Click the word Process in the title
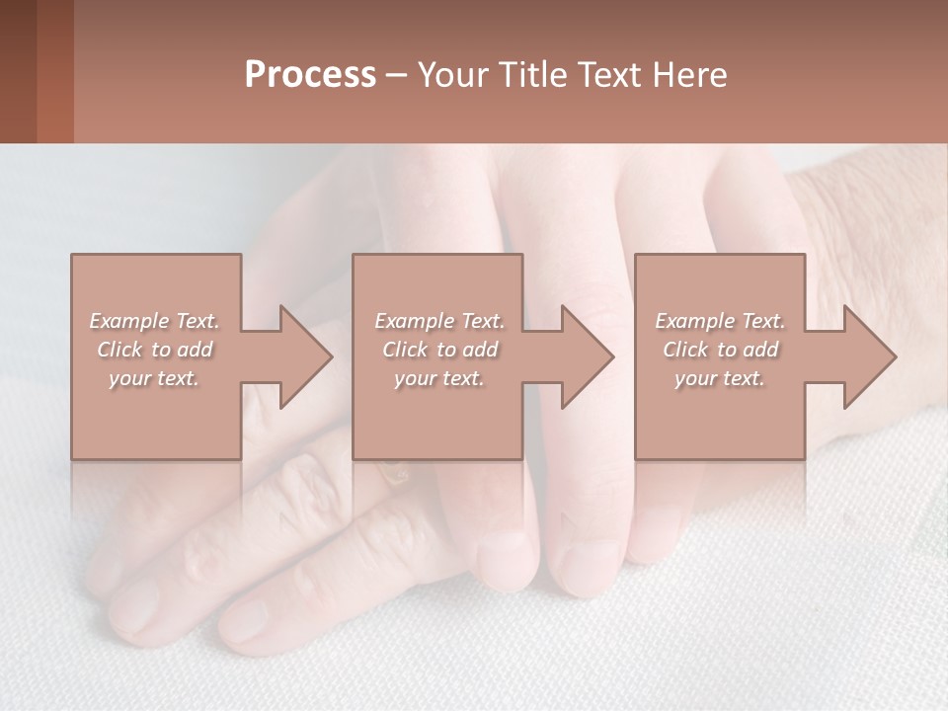(310, 75)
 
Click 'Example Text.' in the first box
(155, 321)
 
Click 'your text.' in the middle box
(438, 378)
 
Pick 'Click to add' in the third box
(720, 350)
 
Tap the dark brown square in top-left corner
(18, 71)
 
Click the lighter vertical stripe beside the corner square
(55, 71)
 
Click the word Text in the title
(608, 75)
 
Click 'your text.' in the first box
(154, 378)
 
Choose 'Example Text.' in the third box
(720, 321)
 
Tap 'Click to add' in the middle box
(439, 350)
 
